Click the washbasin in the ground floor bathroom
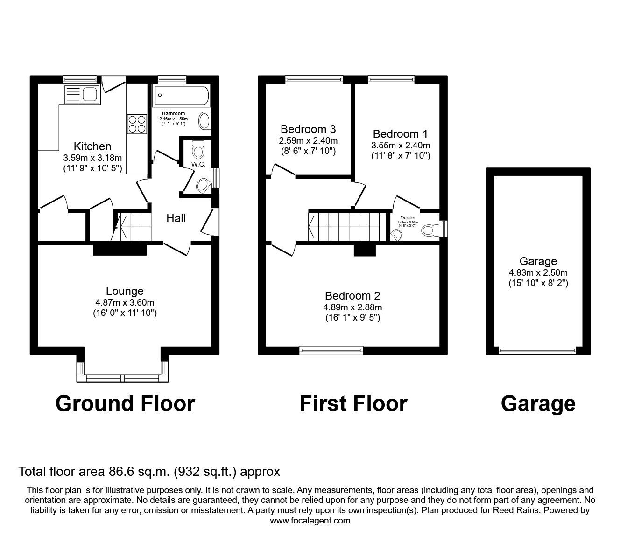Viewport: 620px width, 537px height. (x=205, y=121)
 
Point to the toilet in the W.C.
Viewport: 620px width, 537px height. (x=198, y=150)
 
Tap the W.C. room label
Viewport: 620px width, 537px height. (x=198, y=165)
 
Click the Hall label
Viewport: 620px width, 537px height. (x=176, y=218)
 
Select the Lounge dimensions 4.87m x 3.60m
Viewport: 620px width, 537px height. (x=125, y=302)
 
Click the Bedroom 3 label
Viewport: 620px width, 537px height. (x=308, y=129)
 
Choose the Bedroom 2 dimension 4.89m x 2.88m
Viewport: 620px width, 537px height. (x=353, y=307)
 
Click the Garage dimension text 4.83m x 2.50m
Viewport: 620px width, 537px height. (x=538, y=272)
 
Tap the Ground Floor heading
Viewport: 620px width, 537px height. (x=125, y=404)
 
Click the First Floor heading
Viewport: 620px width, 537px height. (x=353, y=404)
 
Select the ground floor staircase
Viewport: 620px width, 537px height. (x=134, y=227)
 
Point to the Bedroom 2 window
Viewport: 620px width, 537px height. (x=331, y=349)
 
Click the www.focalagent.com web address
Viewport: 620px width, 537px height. (x=310, y=521)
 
